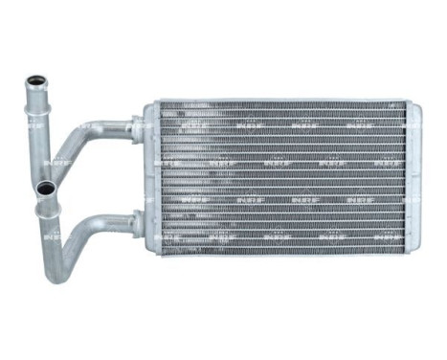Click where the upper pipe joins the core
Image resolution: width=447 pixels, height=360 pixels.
(x=138, y=125)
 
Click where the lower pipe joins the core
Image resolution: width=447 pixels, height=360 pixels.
(x=138, y=222)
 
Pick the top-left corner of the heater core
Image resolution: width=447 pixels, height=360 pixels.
(x=146, y=101)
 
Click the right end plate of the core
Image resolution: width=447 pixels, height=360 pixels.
(x=414, y=178)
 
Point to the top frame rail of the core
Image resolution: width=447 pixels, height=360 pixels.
(x=282, y=102)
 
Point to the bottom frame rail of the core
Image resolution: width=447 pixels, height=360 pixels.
(x=282, y=252)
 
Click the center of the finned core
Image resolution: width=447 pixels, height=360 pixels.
(x=282, y=177)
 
